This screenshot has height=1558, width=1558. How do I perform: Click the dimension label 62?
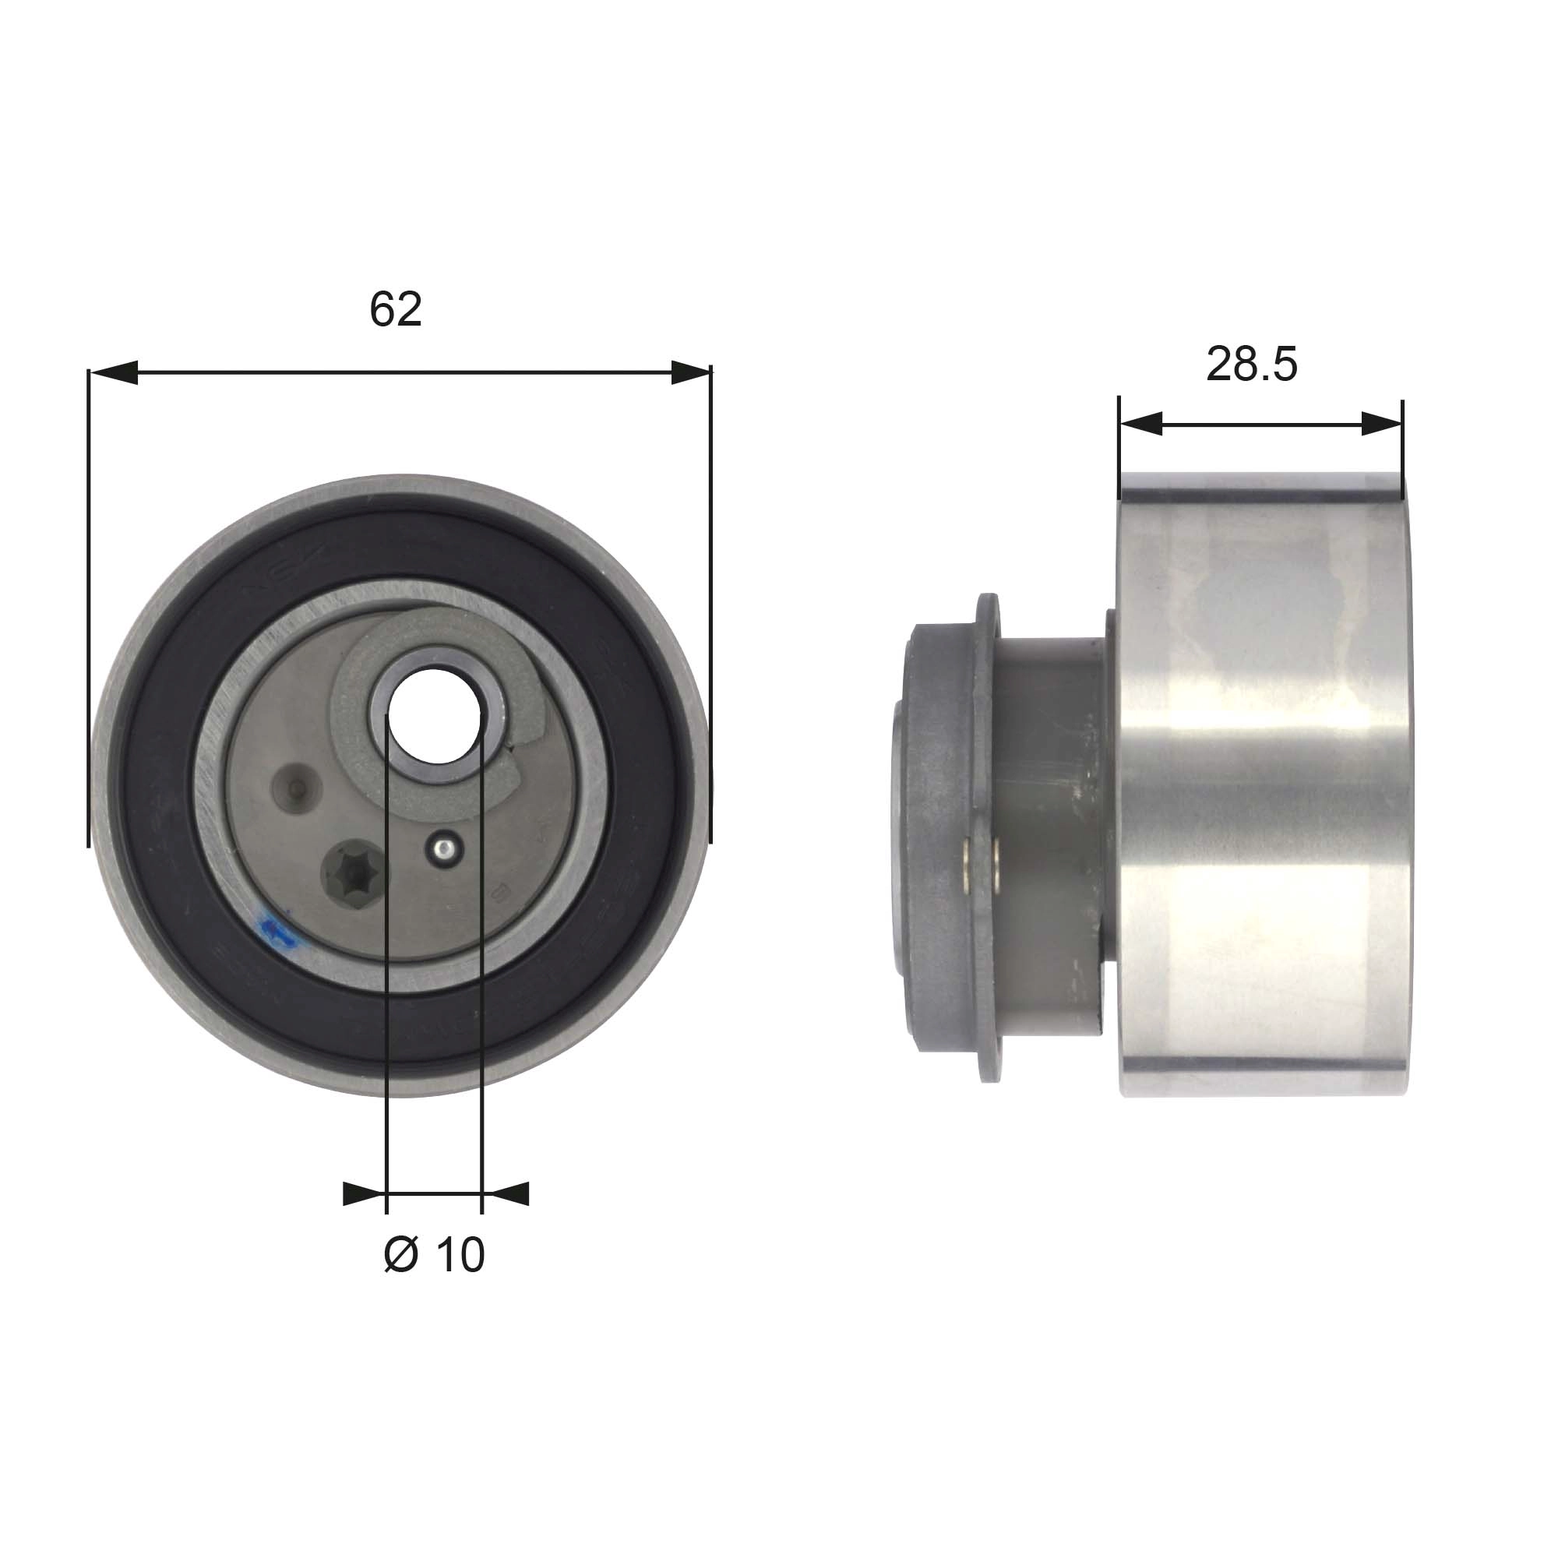395,308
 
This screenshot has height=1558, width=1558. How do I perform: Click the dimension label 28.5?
1252,364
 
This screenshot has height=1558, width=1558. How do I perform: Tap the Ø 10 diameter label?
434,1255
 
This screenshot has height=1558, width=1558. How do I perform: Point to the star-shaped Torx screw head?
354,871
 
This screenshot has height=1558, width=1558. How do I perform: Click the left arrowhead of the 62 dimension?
113,372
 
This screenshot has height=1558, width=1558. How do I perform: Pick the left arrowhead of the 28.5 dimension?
1140,422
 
